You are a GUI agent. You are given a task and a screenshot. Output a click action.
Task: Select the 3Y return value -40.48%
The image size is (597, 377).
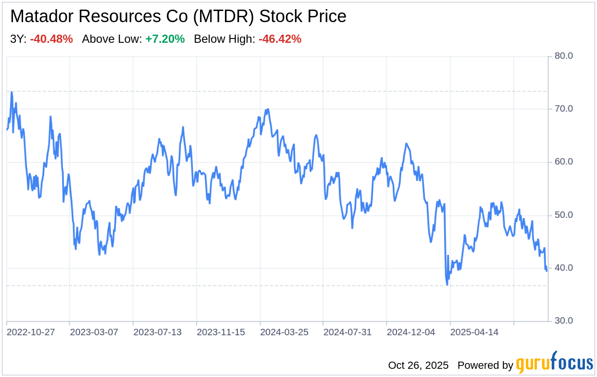click(x=51, y=39)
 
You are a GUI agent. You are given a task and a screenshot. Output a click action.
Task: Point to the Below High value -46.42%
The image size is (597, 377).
click(x=280, y=39)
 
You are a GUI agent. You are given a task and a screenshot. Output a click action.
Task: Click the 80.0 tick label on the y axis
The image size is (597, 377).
click(x=564, y=56)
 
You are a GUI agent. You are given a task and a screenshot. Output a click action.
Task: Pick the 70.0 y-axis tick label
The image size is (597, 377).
click(x=564, y=109)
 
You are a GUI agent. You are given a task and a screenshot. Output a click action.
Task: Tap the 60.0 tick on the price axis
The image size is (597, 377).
click(x=564, y=162)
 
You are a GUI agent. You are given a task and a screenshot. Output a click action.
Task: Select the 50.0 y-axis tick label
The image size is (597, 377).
click(x=564, y=215)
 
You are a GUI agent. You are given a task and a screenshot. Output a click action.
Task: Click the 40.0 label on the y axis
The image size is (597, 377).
click(x=564, y=268)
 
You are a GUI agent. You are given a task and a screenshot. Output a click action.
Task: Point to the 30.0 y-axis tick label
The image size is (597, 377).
click(x=564, y=321)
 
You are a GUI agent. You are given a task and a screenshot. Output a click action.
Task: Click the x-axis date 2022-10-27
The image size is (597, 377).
click(x=31, y=332)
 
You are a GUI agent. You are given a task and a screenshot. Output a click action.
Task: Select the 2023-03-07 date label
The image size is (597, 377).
click(x=94, y=332)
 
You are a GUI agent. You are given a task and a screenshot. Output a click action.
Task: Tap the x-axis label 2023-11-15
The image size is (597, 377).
click(x=221, y=332)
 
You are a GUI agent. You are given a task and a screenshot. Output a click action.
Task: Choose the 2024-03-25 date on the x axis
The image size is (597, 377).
click(x=284, y=332)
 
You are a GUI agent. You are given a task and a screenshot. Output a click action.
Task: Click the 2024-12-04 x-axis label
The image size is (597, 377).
click(x=411, y=332)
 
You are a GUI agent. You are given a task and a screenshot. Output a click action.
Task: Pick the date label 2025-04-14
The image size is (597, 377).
click(x=474, y=332)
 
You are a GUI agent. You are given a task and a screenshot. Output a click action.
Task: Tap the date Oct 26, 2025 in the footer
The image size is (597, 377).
click(x=418, y=365)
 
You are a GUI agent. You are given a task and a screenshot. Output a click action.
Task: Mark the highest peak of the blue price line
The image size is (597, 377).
click(x=12, y=92)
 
